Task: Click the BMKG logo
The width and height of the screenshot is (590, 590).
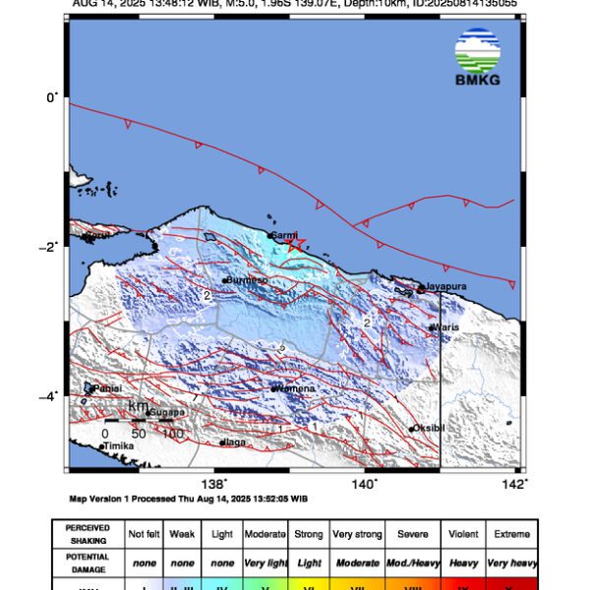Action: tap(478, 57)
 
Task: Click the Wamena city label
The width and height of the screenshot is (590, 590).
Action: tap(295, 388)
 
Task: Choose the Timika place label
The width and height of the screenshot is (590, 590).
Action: tap(118, 446)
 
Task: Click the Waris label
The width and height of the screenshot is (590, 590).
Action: tap(445, 327)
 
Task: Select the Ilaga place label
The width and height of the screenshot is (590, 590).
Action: tap(235, 442)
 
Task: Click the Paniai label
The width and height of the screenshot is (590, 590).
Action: tap(107, 388)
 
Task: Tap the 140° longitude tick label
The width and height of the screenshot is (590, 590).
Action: tap(365, 483)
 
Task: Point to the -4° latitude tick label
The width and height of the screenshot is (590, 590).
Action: tap(50, 396)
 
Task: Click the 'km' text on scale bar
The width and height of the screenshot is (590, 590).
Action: tap(139, 406)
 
